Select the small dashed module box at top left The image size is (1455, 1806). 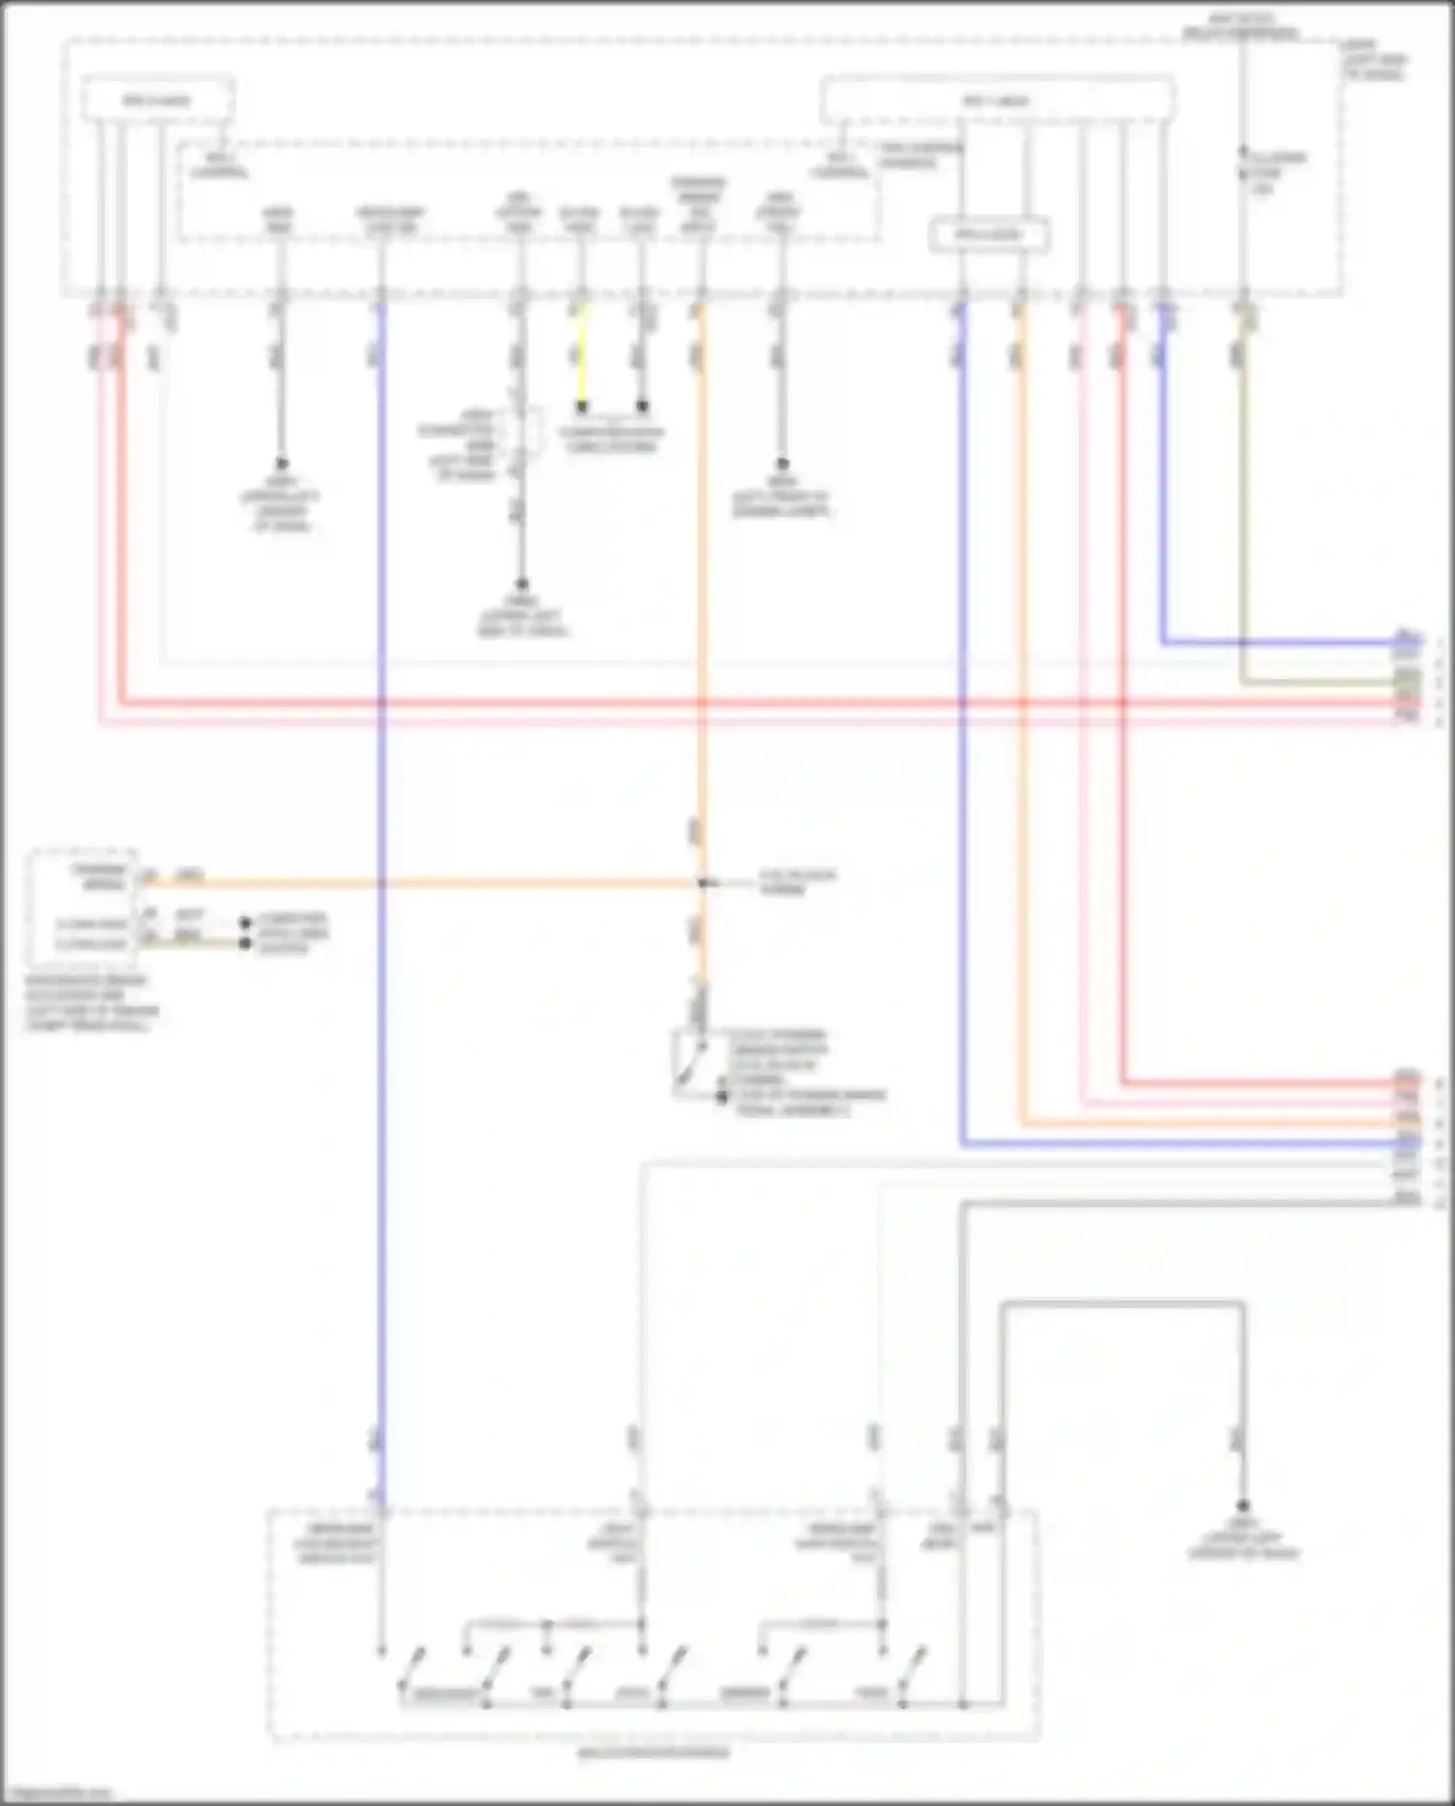(157, 100)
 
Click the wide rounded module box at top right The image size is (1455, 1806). (997, 100)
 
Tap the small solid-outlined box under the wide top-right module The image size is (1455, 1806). (988, 235)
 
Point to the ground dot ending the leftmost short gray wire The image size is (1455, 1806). (281, 464)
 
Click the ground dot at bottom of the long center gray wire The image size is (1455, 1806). (521, 584)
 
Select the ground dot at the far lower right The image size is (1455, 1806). (1243, 1506)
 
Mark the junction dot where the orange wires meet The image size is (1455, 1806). (703, 883)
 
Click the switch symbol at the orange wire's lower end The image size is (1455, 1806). (688, 1058)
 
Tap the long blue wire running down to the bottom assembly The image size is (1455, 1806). (381, 1067)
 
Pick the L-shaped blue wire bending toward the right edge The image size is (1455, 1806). (1261, 641)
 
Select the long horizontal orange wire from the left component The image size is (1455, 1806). (436, 883)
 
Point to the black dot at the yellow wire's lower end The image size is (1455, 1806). (582, 408)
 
